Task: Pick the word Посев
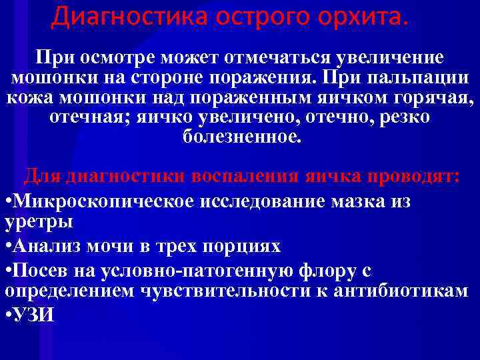pos(39,271)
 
